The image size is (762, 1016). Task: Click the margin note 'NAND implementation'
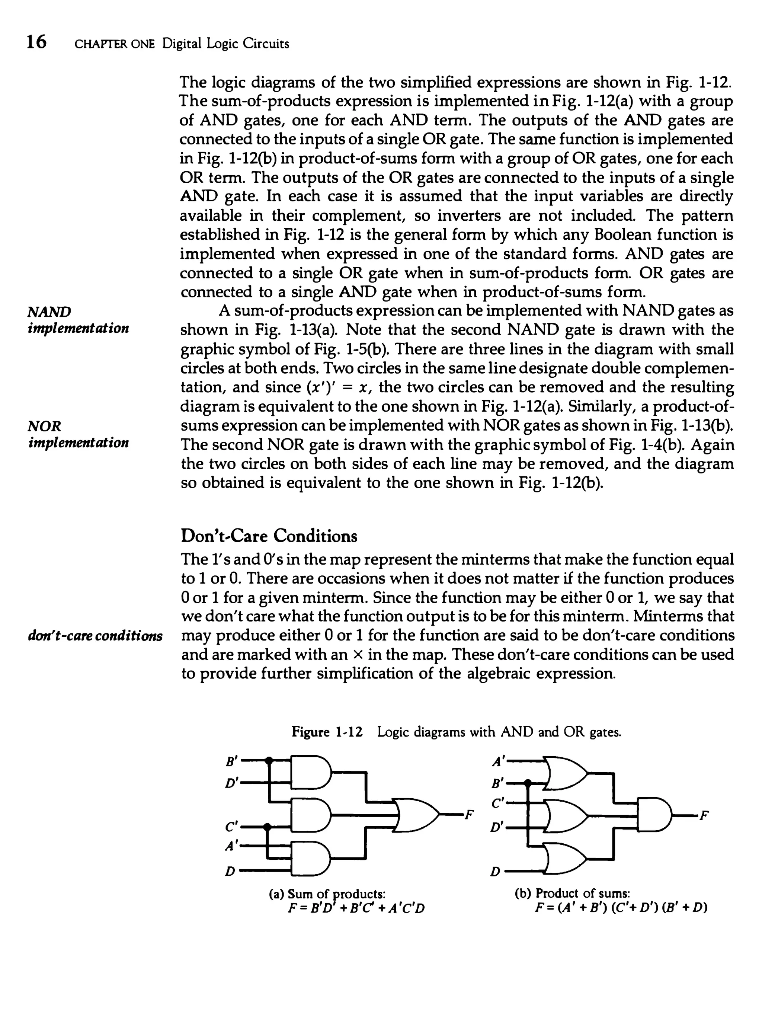coord(78,320)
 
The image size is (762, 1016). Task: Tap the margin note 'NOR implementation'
coord(78,434)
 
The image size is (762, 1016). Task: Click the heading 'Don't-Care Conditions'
coord(269,536)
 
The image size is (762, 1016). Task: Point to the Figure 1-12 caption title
coord(456,732)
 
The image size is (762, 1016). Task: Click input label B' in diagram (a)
coord(231,761)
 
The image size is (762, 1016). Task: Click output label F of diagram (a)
coord(468,815)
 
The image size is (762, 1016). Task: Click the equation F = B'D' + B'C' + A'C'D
coord(356,908)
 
